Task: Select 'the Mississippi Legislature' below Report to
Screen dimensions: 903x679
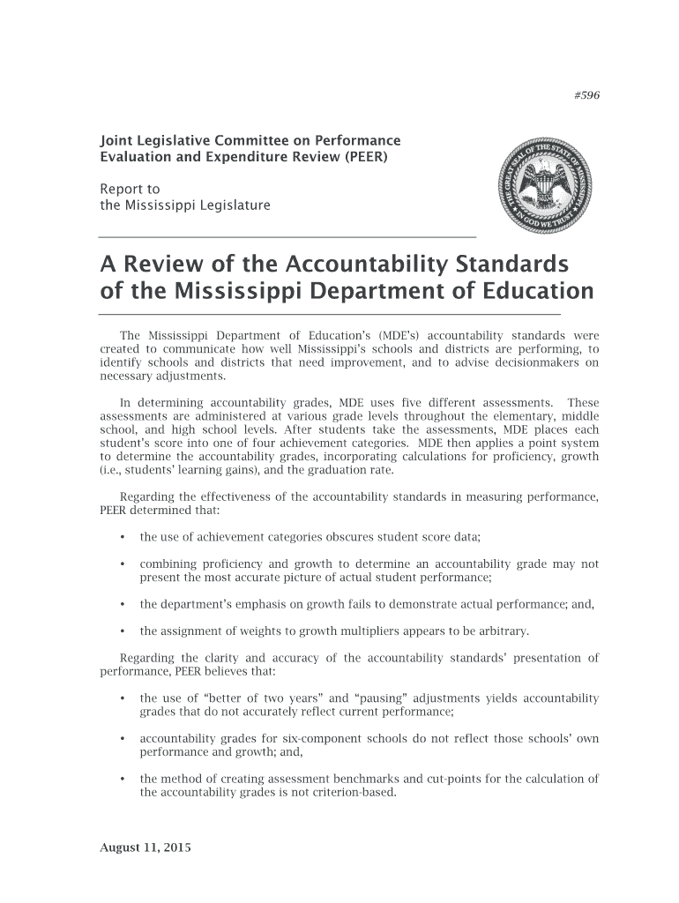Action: tap(184, 206)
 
